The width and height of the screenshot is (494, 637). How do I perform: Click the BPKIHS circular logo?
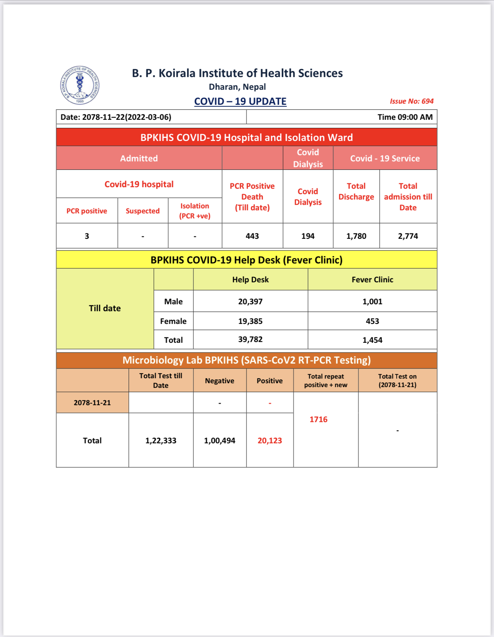click(x=80, y=85)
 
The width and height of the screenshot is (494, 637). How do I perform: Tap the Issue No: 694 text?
click(x=411, y=101)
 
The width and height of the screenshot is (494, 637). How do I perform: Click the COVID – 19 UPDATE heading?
click(x=240, y=101)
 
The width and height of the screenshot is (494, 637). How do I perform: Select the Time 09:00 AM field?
click(x=405, y=117)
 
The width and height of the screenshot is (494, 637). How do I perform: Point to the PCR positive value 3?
click(x=87, y=236)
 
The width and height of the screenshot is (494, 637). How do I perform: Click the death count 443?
click(x=252, y=236)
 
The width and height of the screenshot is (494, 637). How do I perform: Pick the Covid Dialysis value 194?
click(x=308, y=236)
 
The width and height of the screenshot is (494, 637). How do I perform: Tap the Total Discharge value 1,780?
click(x=356, y=236)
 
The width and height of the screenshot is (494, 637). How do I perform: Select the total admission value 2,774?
click(x=408, y=236)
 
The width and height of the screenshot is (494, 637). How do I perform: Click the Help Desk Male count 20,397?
click(x=250, y=302)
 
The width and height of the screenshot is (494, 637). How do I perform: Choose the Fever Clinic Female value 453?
click(x=372, y=321)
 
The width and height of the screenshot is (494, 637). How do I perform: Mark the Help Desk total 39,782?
click(x=250, y=339)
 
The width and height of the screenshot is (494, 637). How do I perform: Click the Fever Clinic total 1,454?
click(x=372, y=340)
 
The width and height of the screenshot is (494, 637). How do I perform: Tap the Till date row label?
click(x=105, y=308)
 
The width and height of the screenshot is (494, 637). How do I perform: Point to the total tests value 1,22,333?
click(x=161, y=441)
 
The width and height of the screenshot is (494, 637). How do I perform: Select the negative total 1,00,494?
click(x=220, y=441)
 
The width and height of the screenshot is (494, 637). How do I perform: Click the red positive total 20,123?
click(x=270, y=441)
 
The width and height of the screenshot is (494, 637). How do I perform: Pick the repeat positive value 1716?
click(x=319, y=419)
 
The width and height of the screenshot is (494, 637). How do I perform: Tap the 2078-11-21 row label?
click(x=92, y=402)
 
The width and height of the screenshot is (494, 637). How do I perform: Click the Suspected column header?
click(x=143, y=211)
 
